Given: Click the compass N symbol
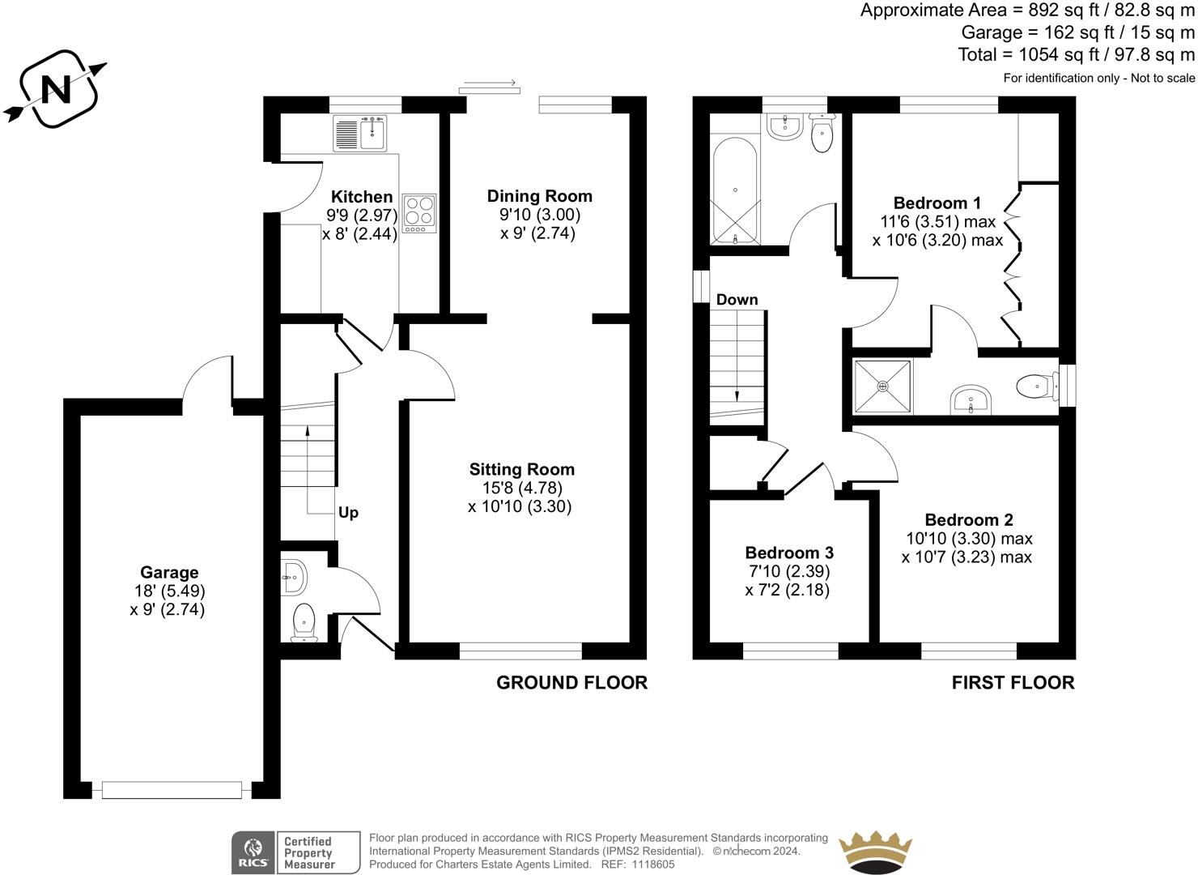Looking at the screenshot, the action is click(x=55, y=89).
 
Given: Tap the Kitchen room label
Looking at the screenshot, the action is click(x=362, y=196).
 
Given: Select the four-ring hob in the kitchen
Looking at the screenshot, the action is click(x=419, y=213).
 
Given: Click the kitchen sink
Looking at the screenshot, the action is click(x=360, y=134).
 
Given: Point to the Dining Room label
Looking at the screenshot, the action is click(x=540, y=196).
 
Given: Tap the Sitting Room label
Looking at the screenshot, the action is click(x=522, y=469).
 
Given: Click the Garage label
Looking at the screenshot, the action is click(x=169, y=572).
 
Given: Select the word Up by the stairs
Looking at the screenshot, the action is click(x=348, y=513).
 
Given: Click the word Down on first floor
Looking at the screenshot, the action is click(x=737, y=300).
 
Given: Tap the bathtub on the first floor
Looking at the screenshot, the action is click(x=735, y=191).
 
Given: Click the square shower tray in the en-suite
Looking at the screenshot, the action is click(x=882, y=386).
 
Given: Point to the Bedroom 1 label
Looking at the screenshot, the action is click(x=937, y=203).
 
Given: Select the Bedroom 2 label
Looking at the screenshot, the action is click(x=969, y=519).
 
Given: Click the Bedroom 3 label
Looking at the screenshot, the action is click(x=789, y=553).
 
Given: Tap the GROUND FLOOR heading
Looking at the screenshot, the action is click(x=571, y=682).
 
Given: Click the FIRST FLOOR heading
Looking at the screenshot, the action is click(x=1013, y=682).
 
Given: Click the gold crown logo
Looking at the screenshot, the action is click(x=875, y=852).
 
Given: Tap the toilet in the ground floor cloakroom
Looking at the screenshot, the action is click(x=304, y=623).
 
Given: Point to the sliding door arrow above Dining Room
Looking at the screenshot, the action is click(x=490, y=83).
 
